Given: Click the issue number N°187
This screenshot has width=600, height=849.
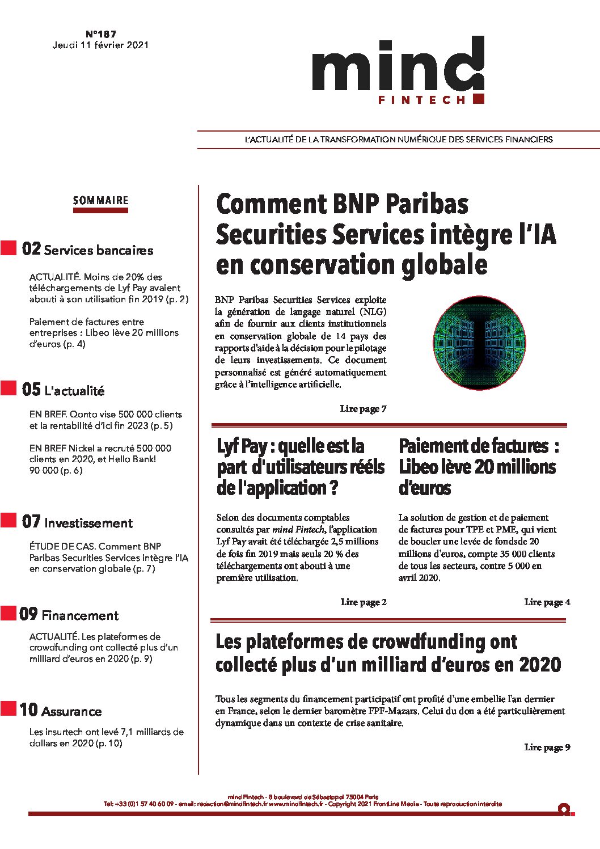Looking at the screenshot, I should coord(101,34).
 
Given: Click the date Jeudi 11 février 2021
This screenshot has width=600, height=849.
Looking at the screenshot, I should coord(100,45).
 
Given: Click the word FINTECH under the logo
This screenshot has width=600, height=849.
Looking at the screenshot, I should coord(421,100).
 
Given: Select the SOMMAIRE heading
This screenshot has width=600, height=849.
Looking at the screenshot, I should coord(100,200).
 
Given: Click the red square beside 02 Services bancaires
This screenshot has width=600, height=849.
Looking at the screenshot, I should coord(9,248).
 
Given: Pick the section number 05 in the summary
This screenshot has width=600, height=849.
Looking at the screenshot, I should coord(31,390).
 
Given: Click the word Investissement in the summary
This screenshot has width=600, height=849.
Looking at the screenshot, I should coord(88,523).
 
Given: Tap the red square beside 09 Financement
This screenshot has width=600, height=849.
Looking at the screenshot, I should coord(9,614).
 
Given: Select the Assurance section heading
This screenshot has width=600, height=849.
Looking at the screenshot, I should coord(71,711).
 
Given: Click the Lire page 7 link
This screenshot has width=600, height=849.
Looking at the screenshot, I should coord(363,408).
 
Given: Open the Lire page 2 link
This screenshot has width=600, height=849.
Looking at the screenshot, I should coord(363,602).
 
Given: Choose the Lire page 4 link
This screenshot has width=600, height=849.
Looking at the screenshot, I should coord(547,602).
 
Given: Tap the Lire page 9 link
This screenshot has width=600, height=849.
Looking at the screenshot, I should coord(547,747).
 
